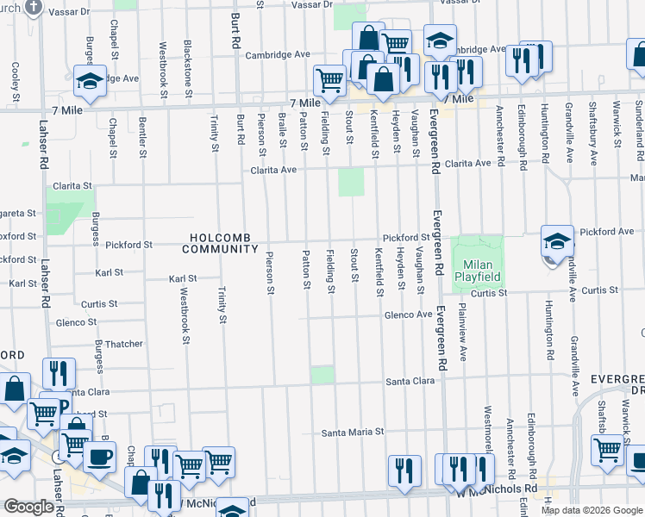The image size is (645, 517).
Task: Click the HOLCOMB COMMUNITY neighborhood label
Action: click(x=220, y=243)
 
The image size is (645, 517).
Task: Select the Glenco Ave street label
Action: click(x=408, y=315)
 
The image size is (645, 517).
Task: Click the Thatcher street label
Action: click(x=123, y=344)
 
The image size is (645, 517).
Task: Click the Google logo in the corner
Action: click(x=28, y=507)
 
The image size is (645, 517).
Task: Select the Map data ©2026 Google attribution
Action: click(x=592, y=510)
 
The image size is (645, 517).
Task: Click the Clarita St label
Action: click(x=72, y=185)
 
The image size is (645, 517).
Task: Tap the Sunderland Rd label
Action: click(x=638, y=129)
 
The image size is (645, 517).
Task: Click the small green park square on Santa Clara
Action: click(x=322, y=374)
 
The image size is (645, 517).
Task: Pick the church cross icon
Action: click(x=33, y=8)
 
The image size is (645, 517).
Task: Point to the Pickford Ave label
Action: click(x=607, y=232)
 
